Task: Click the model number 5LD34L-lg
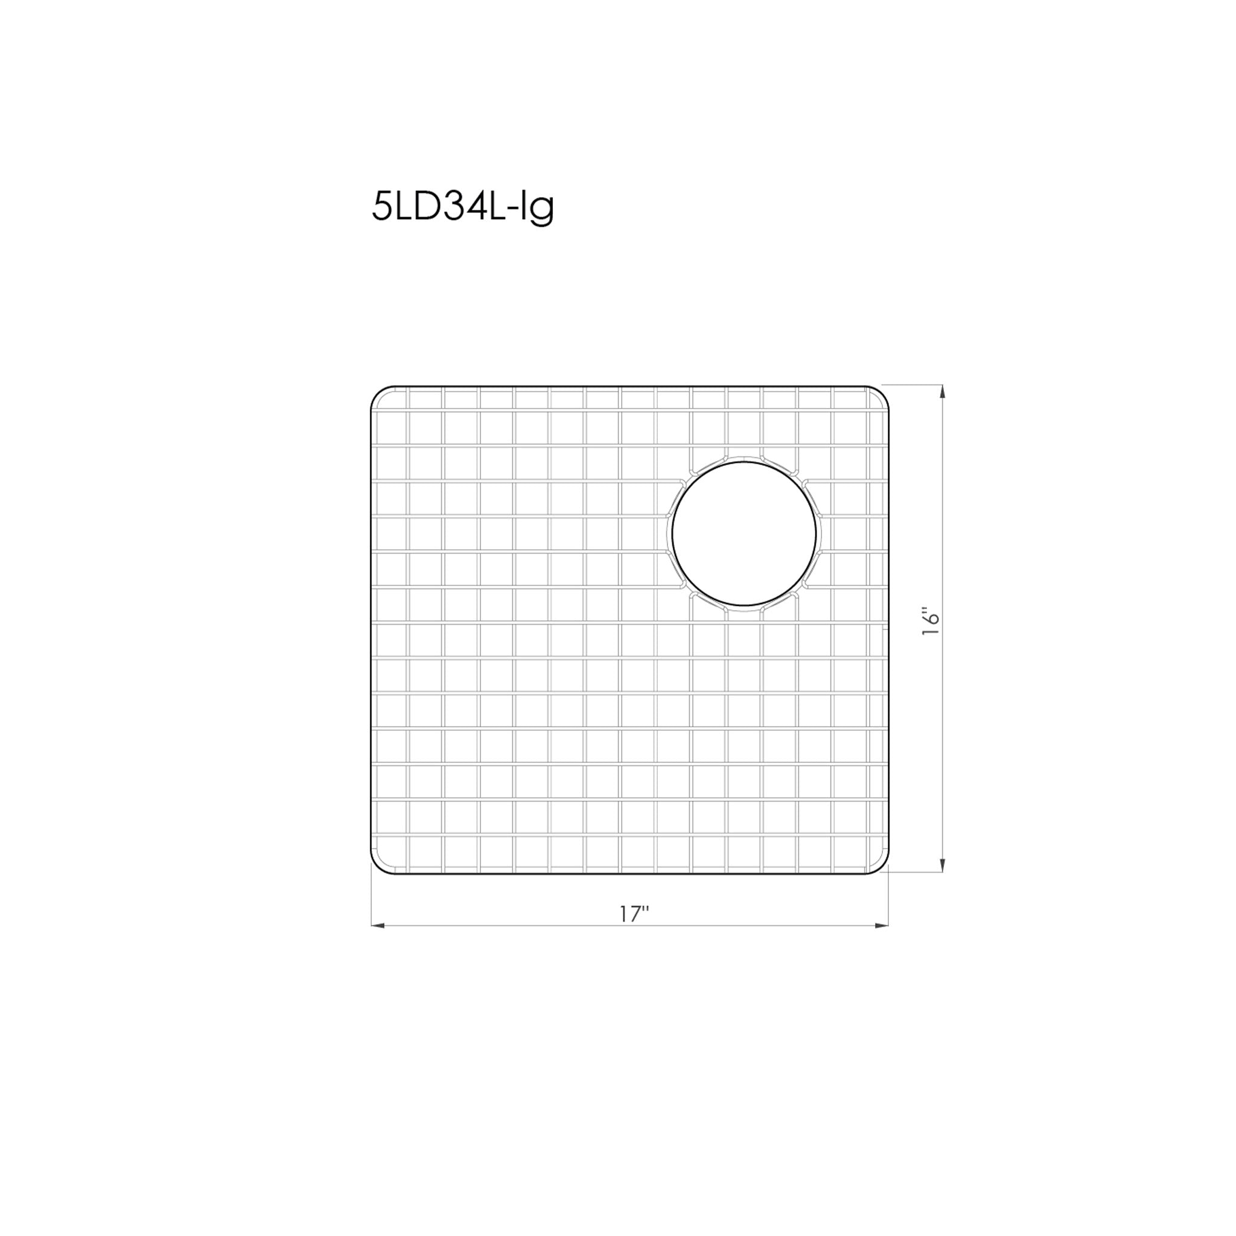point(462,207)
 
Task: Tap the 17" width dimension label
point(632,916)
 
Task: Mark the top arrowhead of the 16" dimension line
point(941,391)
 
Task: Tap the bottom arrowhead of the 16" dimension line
point(941,866)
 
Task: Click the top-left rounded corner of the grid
point(378,393)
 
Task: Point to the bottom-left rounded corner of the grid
point(378,867)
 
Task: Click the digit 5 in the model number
point(381,207)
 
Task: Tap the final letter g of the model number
point(543,211)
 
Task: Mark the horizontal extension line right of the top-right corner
point(915,385)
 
